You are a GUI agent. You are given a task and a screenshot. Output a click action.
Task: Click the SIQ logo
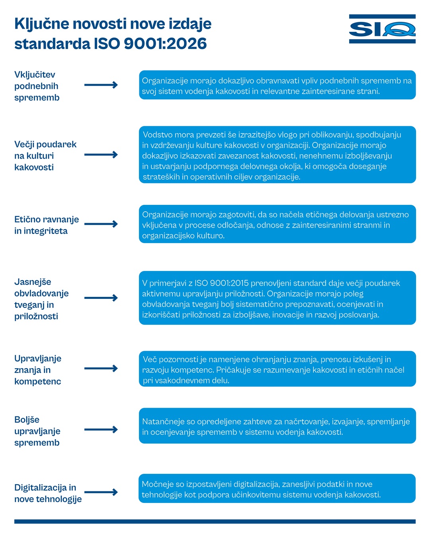click(x=382, y=29)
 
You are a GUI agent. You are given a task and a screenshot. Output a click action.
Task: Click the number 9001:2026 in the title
click(x=165, y=43)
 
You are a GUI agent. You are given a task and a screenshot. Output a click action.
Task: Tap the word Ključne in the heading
click(x=42, y=24)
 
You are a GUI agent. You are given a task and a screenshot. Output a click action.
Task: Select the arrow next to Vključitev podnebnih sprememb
click(x=101, y=85)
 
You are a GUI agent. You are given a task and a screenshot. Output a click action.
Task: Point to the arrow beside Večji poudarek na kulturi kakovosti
click(x=101, y=155)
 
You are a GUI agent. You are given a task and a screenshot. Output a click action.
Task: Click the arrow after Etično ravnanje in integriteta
click(x=101, y=224)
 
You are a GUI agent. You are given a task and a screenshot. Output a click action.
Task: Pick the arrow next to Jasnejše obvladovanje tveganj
click(x=101, y=298)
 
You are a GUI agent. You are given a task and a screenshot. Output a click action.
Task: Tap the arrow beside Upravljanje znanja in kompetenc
click(x=101, y=368)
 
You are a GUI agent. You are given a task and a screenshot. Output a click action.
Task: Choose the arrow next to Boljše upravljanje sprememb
click(x=101, y=430)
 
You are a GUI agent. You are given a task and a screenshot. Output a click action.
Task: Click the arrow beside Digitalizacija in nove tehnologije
click(x=101, y=492)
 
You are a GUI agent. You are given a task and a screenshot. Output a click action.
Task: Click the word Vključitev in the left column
click(x=35, y=75)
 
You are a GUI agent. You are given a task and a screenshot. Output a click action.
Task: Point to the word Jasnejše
click(x=33, y=282)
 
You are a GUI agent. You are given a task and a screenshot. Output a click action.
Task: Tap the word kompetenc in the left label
click(x=38, y=381)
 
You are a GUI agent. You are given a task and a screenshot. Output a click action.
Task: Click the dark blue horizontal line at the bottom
click(x=215, y=522)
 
